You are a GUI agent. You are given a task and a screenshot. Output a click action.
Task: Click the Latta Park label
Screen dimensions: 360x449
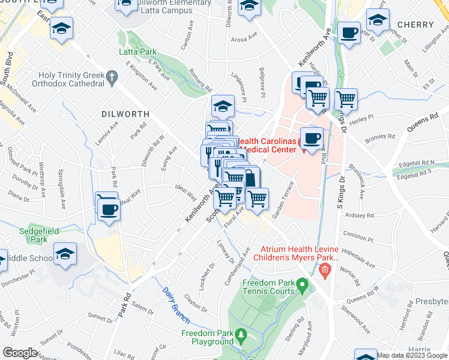point(139,52)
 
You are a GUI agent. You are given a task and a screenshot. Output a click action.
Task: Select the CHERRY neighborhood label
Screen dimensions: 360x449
point(415,25)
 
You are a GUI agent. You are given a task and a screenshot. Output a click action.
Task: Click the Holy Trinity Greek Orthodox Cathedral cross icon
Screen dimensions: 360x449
point(112,77)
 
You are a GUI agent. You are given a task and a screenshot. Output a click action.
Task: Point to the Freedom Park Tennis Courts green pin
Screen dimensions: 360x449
point(303,283)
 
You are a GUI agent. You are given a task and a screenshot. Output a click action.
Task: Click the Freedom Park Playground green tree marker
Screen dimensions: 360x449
point(241,333)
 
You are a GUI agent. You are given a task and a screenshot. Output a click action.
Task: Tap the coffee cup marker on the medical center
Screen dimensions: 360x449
point(311,139)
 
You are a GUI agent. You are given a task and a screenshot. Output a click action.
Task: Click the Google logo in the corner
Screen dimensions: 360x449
point(20,352)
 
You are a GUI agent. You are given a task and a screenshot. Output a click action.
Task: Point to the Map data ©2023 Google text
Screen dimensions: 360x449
point(412,355)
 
